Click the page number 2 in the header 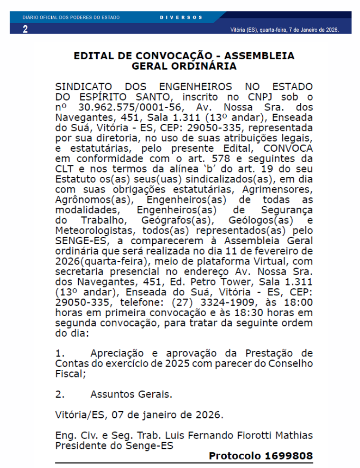[x=25, y=29]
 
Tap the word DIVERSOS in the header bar [x=181, y=17]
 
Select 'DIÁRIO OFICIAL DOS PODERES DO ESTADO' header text [x=71, y=17]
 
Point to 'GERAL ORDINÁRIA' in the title [x=184, y=66]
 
